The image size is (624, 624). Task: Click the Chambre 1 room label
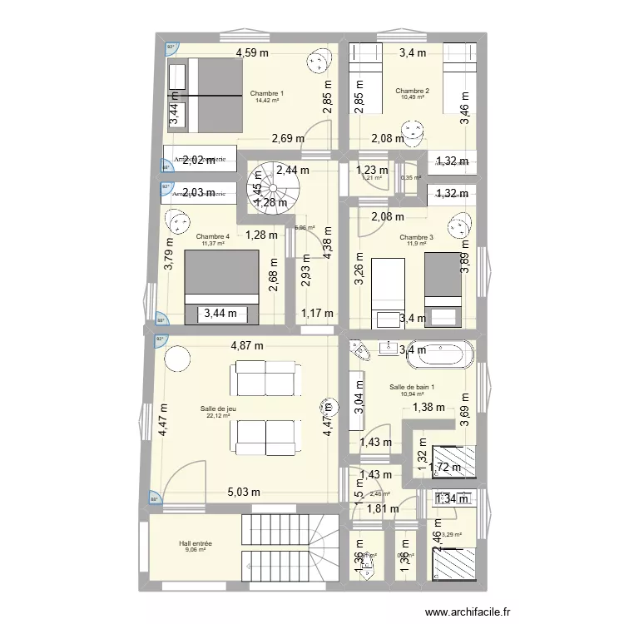(265, 93)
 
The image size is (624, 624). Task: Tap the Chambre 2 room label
(412, 91)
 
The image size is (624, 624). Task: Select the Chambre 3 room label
(417, 237)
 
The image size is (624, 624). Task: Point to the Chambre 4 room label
(212, 237)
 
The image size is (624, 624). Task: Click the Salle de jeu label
(218, 409)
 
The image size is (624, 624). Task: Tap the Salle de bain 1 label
(412, 387)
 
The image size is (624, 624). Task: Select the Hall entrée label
(195, 543)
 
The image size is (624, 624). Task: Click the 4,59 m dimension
(252, 53)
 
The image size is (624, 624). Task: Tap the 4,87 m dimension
(247, 346)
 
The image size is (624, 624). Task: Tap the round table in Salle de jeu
(176, 359)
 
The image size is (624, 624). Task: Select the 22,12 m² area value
(218, 416)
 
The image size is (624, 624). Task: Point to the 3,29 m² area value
(451, 535)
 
